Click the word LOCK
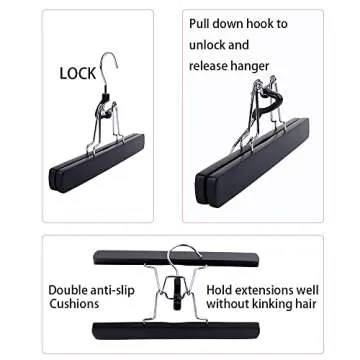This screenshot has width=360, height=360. coord(77,73)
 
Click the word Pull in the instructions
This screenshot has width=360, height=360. coord(203,22)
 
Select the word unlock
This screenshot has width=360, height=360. coord(209,45)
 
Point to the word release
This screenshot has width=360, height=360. coord(212,67)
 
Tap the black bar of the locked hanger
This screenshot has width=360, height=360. coord(95,165)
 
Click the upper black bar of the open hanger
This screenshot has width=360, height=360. coord(174,258)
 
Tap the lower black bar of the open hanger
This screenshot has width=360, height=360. coord(175,329)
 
